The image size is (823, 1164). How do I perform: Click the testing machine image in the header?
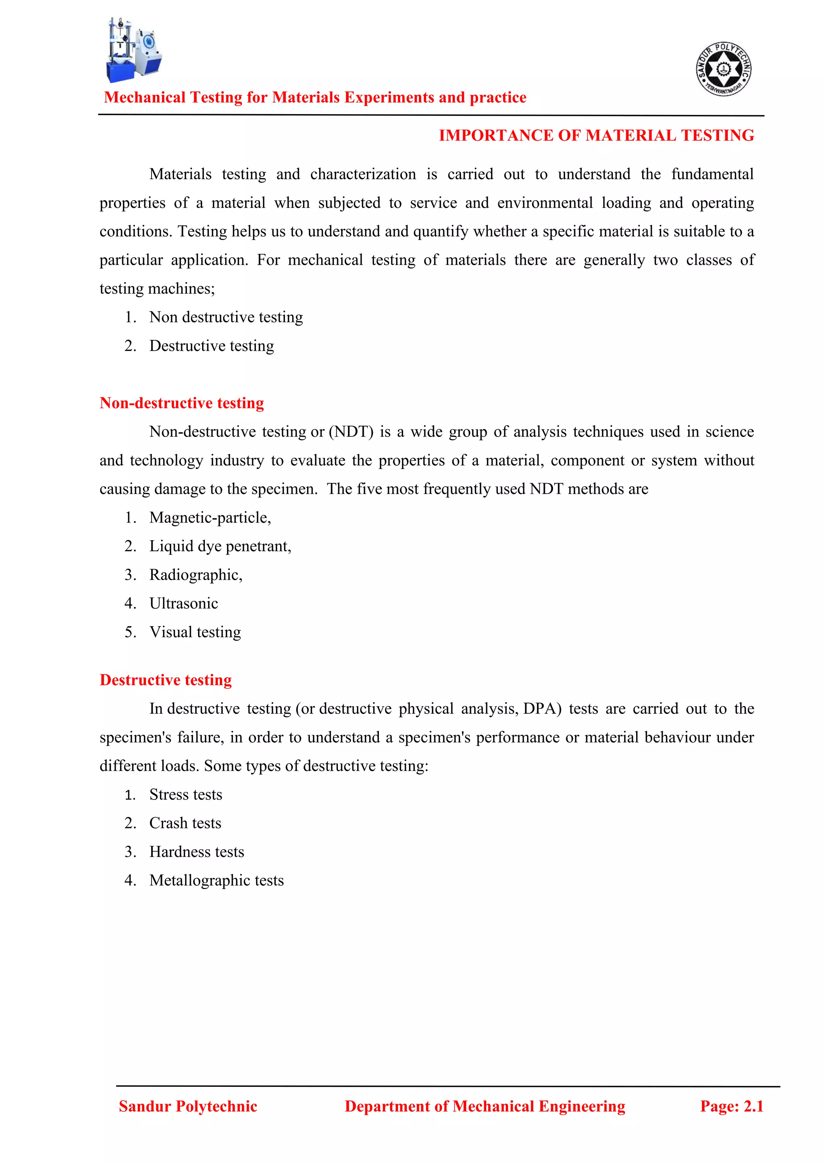[134, 51]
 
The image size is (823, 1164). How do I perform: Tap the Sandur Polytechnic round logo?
[723, 69]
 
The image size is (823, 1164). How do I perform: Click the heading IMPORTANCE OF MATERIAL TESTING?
[596, 135]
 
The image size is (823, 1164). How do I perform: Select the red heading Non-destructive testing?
[181, 403]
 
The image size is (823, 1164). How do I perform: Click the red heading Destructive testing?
[166, 680]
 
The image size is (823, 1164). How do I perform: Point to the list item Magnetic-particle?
[210, 518]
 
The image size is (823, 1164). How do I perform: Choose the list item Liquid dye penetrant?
[220, 546]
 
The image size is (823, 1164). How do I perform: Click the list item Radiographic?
[196, 575]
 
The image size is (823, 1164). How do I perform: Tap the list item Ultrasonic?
[184, 603]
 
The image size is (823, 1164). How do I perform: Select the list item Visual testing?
[195, 632]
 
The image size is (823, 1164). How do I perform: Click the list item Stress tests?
[186, 794]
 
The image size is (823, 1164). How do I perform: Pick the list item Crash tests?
[185, 823]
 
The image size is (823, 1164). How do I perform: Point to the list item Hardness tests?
[197, 852]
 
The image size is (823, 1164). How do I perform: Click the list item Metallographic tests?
[216, 880]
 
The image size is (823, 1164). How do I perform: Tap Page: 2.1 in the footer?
[731, 1106]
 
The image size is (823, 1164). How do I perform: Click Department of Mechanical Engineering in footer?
[485, 1106]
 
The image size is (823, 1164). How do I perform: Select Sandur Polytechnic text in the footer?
[188, 1106]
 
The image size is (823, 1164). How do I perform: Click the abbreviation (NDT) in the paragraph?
[351, 432]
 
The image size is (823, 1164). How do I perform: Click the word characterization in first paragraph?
[363, 174]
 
